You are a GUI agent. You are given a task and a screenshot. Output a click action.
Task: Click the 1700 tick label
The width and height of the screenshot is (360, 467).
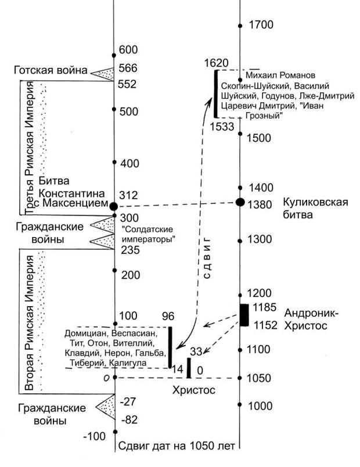tap(260, 25)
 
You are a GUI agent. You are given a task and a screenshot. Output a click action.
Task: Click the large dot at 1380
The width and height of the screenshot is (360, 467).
tap(239, 202)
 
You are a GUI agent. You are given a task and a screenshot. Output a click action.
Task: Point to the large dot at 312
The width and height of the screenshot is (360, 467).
tap(114, 206)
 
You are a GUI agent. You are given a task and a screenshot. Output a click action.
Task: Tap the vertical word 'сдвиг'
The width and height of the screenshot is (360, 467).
tap(211, 256)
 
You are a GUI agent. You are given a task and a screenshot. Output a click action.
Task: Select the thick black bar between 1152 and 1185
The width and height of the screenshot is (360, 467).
tap(244, 315)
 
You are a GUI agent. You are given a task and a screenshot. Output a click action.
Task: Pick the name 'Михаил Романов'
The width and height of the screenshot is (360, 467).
tap(280, 76)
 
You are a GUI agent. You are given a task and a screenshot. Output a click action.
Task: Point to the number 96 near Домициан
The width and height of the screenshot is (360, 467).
tap(167, 317)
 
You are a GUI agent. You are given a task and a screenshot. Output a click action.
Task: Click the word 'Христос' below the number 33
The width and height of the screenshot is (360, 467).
tap(194, 390)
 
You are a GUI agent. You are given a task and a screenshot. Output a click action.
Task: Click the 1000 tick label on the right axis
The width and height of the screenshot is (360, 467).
tap(260, 407)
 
